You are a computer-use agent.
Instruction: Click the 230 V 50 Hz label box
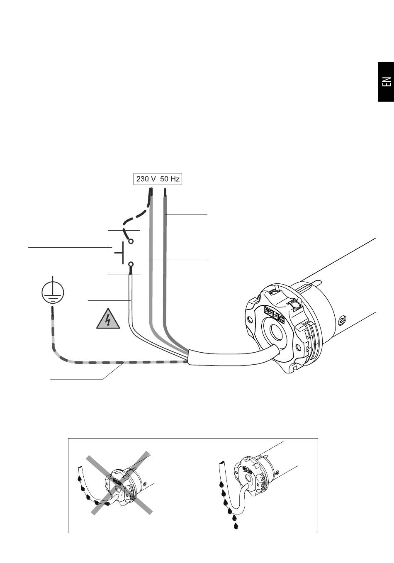point(158,179)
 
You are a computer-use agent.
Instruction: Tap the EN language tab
point(386,82)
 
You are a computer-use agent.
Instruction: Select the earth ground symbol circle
point(53,292)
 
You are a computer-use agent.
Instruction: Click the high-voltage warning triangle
point(108,319)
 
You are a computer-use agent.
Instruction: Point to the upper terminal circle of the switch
point(131,241)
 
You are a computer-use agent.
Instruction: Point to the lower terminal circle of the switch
point(131,264)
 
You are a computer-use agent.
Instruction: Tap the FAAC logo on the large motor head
point(274,314)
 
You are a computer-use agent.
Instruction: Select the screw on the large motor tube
point(342,320)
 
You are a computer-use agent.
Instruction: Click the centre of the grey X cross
point(119,483)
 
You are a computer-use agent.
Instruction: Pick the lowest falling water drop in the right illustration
point(236,526)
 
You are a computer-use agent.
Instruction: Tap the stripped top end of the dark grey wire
point(165,192)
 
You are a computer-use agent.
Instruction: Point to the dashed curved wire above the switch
point(137,216)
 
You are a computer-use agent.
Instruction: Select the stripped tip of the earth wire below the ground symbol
point(53,311)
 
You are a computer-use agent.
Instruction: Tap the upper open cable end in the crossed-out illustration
point(80,467)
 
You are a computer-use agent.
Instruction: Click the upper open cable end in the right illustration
point(222,463)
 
